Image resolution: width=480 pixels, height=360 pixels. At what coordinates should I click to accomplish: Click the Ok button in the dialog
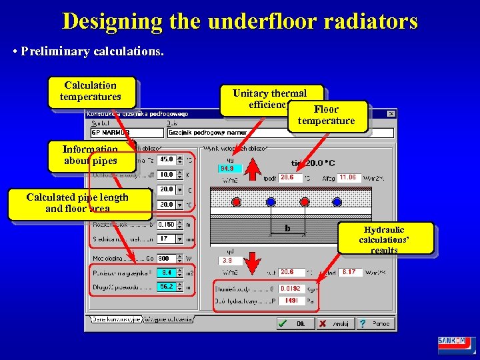293,323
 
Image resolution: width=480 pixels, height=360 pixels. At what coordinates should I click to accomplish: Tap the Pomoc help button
375,323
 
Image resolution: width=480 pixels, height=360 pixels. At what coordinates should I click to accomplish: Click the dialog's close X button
391,113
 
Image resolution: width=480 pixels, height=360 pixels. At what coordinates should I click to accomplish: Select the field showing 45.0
166,159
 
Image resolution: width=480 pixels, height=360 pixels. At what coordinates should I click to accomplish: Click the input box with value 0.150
166,225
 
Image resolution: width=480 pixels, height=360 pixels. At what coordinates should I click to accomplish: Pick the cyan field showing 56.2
166,287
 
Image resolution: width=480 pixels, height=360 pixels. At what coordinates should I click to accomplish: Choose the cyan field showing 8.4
166,272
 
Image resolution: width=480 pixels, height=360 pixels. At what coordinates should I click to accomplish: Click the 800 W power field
166,259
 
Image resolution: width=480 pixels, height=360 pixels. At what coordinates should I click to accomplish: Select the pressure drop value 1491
291,301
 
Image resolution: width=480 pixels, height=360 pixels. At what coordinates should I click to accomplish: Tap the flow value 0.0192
291,288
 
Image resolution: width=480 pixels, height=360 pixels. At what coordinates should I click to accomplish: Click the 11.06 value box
348,178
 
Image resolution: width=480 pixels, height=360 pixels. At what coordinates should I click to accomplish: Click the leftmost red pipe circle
236,201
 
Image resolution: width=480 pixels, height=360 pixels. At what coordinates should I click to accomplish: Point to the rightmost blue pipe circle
337,201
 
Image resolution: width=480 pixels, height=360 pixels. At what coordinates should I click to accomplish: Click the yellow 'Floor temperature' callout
327,115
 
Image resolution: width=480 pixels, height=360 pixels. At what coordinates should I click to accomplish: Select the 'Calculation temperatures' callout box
91,91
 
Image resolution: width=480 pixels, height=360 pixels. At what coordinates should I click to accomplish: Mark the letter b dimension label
288,227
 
